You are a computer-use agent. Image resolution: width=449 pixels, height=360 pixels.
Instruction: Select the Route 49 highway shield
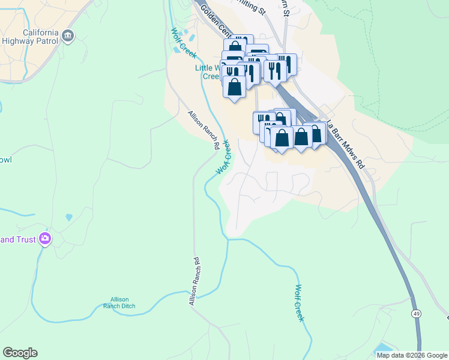point(415,313)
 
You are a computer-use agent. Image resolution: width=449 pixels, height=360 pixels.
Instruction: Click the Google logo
point(20,353)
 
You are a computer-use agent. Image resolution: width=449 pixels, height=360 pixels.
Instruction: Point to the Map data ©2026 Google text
point(411,355)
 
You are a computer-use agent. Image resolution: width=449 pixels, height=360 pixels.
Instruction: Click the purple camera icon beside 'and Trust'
point(44,239)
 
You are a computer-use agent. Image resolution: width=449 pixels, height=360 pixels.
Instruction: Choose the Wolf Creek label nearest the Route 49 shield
point(298,303)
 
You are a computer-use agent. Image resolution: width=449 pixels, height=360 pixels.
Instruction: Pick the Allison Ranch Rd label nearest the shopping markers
point(203,130)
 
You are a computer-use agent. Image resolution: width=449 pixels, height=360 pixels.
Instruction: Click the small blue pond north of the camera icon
point(69,217)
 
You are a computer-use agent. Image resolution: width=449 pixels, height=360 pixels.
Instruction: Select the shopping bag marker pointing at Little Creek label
point(234,86)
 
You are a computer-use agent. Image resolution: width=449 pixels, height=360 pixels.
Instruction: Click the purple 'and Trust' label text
point(16,240)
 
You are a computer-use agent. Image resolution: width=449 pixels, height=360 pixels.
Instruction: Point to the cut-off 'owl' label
point(5,160)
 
